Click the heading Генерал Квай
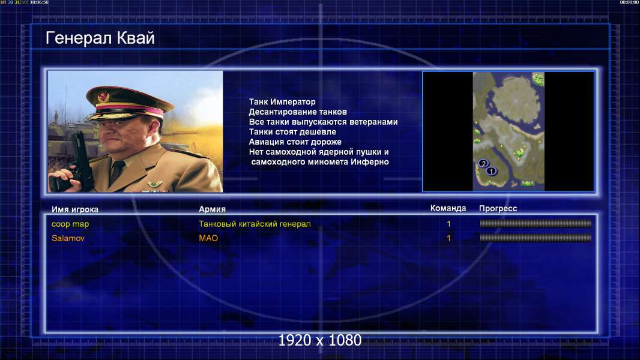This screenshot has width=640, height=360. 100,38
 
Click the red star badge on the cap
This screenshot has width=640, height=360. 103,97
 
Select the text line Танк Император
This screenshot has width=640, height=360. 282,102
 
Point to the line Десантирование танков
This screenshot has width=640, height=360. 298,112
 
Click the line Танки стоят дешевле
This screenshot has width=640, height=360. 292,131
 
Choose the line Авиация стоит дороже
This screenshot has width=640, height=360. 295,142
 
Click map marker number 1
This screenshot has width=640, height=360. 492,171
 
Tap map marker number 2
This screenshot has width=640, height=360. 483,163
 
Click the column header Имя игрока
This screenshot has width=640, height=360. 75,209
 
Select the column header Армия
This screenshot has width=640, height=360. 213,209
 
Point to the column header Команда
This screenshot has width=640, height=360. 448,208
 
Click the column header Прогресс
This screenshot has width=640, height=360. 498,209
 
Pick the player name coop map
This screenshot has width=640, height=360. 70,224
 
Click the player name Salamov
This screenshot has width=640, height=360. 68,238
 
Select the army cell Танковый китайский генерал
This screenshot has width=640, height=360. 255,224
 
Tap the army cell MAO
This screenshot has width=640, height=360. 208,238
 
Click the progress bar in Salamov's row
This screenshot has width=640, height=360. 536,238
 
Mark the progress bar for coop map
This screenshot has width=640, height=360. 536,223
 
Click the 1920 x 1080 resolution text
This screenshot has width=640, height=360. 320,340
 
